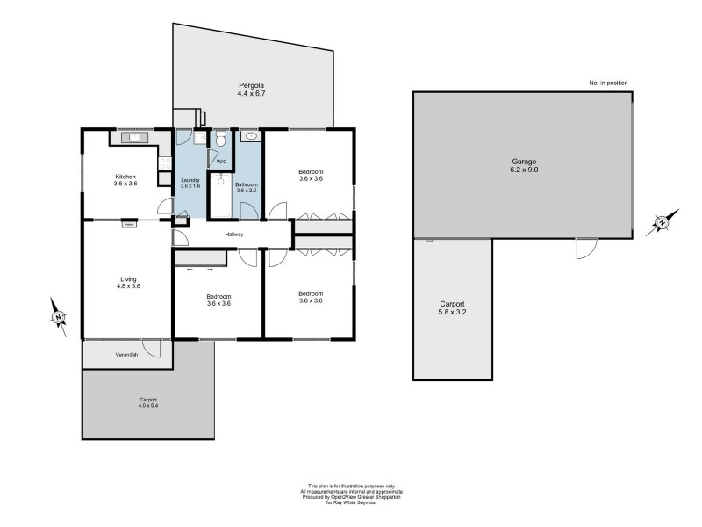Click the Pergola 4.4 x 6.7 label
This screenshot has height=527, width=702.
[x=251, y=89]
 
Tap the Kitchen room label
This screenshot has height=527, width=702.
[x=126, y=179]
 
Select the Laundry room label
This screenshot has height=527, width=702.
[x=190, y=183]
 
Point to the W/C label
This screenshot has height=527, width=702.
[x=221, y=162]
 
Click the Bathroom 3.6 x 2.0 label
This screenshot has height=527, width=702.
[x=247, y=188]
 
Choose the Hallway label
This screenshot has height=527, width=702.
[x=234, y=235]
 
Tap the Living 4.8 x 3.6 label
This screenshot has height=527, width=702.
[x=128, y=283]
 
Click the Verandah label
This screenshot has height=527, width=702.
[x=127, y=354]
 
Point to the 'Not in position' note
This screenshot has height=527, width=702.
[x=608, y=83]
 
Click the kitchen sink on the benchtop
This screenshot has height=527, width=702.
[x=134, y=137]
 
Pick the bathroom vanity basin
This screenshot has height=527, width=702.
[x=251, y=137]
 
